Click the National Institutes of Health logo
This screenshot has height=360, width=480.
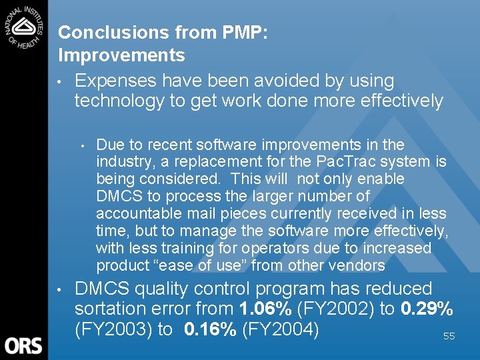click(23, 27)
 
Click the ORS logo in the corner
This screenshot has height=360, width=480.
click(23, 345)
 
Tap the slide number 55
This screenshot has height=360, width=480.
click(449, 337)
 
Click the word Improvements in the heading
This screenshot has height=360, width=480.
click(121, 55)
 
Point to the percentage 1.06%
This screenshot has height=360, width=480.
click(265, 309)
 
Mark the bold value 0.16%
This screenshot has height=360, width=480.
click(209, 330)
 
